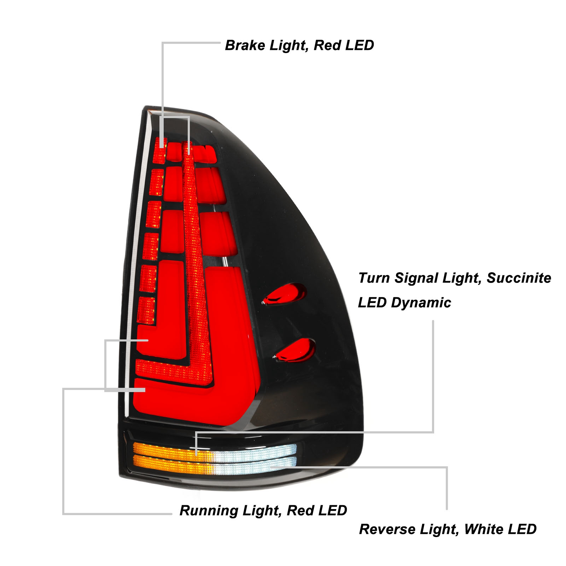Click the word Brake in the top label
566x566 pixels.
[245, 46]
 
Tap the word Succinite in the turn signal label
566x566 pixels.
[519, 278]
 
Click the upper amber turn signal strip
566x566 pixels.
[170, 450]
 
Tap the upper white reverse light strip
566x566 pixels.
[255, 451]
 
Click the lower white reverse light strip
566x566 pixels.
[255, 466]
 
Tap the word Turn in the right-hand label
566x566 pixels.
[374, 278]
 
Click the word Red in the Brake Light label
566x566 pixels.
[327, 46]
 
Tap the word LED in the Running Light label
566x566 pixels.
[333, 510]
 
